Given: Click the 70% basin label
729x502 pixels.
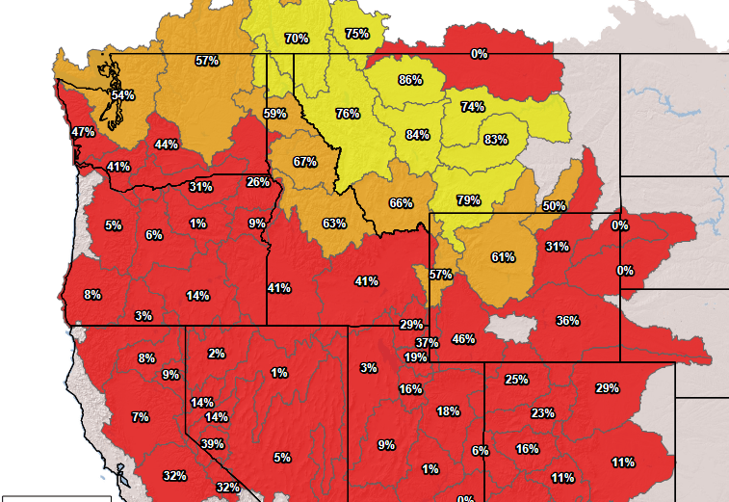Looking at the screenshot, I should coord(297,39).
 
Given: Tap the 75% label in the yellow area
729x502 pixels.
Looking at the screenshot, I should coord(356,34).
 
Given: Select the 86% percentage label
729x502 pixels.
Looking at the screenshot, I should coord(410,80).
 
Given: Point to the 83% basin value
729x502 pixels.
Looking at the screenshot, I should coord(496,140).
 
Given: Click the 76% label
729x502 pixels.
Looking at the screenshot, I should coord(348,114).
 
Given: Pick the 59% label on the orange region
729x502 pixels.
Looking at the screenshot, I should coord(275,114).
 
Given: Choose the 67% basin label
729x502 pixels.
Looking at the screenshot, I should coord(305,162).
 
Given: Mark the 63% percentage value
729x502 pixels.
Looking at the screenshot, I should coord(334,224).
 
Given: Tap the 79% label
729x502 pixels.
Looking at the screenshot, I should coord(468,200).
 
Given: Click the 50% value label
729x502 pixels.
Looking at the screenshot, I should coord(554,206).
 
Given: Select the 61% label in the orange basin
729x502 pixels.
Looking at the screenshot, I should coord(503,257).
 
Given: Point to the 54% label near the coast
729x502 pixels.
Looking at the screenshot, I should coord(122,95).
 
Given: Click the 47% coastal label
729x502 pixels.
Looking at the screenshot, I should coord(83,132).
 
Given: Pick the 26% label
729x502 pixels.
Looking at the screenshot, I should coord(258,182).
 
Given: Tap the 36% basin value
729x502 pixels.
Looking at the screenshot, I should coord(567,321).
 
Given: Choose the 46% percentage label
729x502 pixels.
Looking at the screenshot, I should coord(463,339).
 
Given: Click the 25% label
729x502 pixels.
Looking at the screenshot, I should coord(516,380).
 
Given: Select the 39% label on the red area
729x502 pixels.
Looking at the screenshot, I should coord(213,444).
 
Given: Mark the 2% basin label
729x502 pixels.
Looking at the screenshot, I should coord(216,354).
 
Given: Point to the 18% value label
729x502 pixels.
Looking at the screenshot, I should coord(448,411).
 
